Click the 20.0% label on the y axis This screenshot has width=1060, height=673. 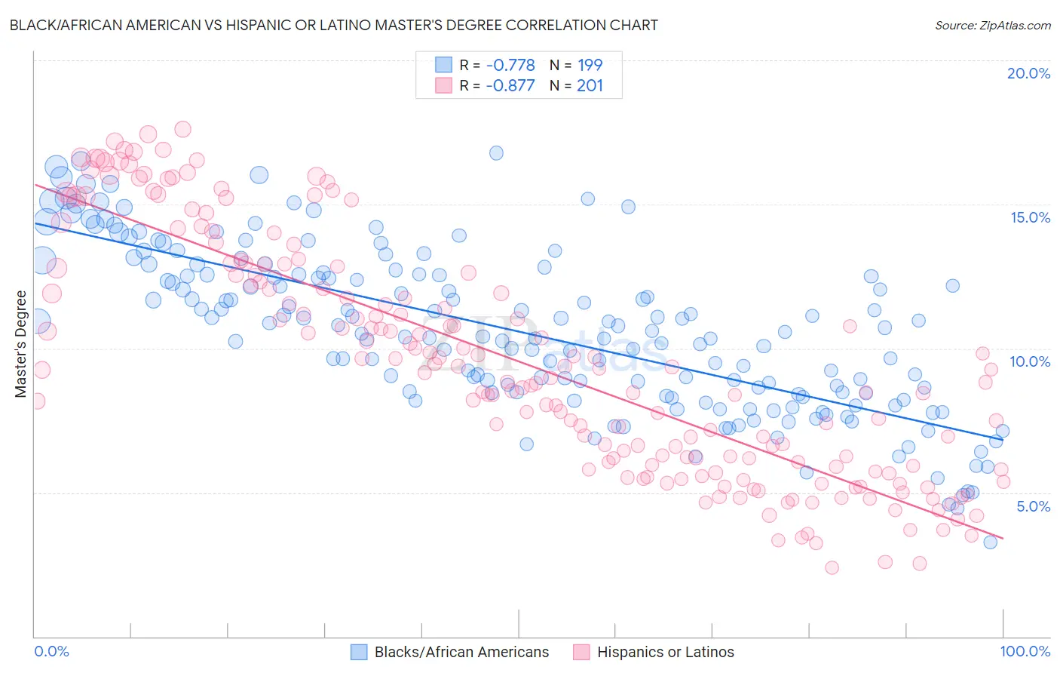(1028, 73)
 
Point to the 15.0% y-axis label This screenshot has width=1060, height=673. (1030, 217)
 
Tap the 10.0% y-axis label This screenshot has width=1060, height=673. (1030, 361)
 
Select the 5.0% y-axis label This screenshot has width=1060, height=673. (1033, 506)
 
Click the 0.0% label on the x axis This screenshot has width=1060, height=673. (52, 651)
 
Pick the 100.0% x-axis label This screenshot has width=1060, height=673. (1025, 651)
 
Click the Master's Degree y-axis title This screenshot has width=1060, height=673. (20, 343)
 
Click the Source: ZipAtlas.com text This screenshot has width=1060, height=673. (992, 25)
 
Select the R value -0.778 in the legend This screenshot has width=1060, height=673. (510, 65)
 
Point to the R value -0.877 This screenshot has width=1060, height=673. (510, 85)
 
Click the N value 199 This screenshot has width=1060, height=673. (590, 65)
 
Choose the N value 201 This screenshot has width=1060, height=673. (590, 85)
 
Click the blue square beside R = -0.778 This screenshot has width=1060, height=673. (443, 65)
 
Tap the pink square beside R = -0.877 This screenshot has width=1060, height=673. (443, 85)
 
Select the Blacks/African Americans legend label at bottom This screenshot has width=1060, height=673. (461, 652)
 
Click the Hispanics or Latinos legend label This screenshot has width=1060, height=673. (665, 652)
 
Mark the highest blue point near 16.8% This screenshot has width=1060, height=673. (496, 153)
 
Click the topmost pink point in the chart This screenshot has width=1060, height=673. (182, 129)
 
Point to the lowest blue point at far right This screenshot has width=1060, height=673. (990, 542)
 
